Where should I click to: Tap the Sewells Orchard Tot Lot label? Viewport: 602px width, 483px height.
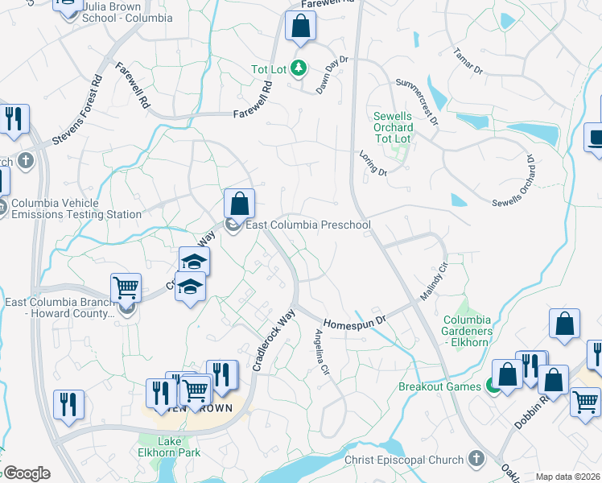coord(393,128)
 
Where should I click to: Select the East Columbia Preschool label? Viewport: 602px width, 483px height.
coord(307,225)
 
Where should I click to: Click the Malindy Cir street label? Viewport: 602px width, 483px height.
coord(432,282)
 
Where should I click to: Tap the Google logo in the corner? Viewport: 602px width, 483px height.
coord(27,473)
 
